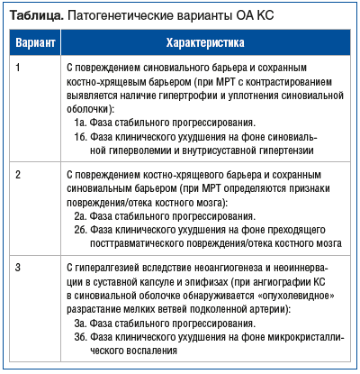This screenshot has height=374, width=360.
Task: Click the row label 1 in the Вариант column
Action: click(20, 68)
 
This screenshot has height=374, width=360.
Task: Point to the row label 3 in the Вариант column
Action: click(20, 269)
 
